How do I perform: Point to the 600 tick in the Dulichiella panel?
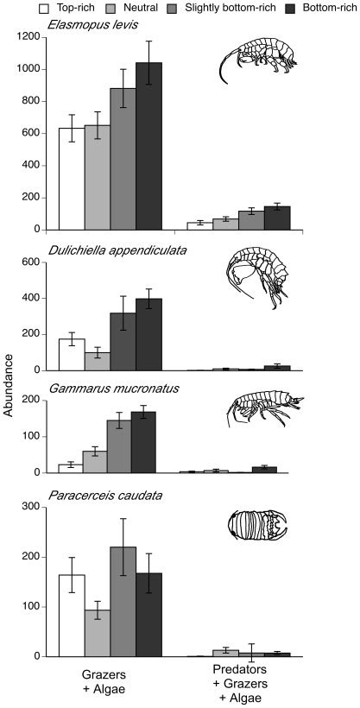[35, 262]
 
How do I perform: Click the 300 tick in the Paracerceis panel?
[35, 507]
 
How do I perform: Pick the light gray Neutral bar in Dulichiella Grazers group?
[97, 361]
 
